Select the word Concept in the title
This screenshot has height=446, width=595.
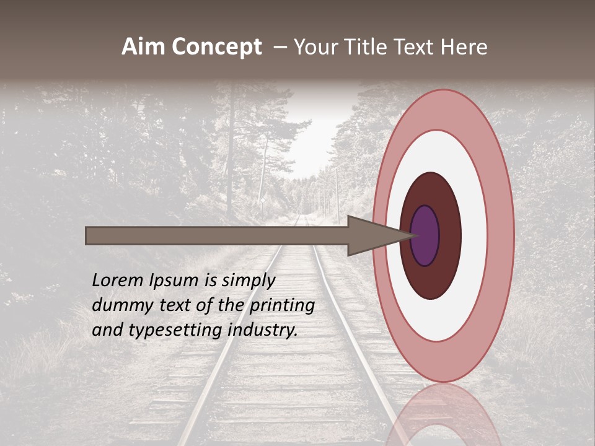[x=216, y=48]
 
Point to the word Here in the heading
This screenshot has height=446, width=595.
[x=464, y=47]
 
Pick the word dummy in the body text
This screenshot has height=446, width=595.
[x=117, y=305]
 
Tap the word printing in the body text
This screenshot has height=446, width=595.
[x=282, y=305]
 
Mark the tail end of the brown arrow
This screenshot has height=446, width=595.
[x=88, y=235]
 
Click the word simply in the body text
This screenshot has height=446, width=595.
[x=248, y=281]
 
